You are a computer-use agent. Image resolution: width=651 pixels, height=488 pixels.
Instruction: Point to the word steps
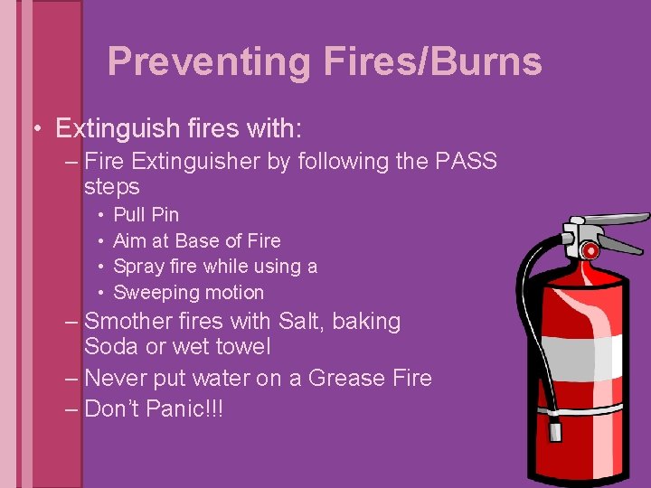(x=112, y=187)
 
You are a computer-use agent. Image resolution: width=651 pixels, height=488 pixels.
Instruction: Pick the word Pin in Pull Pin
(x=165, y=215)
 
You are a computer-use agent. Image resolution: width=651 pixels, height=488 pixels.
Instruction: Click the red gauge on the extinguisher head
(x=589, y=249)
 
